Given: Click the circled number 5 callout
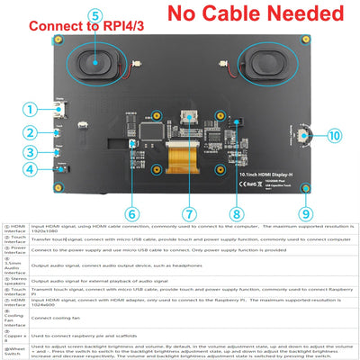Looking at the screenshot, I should tap(96, 15).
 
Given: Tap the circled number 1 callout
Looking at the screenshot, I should tap(30, 111).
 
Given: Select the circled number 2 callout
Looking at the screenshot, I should tap(30, 131).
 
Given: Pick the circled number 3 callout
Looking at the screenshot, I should tap(30, 150).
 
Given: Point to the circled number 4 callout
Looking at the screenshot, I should tap(30, 168).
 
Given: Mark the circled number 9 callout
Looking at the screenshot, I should tap(306, 213).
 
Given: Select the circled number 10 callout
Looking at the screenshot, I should tap(334, 137).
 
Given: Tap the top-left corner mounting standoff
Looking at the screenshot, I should tap(58, 41).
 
